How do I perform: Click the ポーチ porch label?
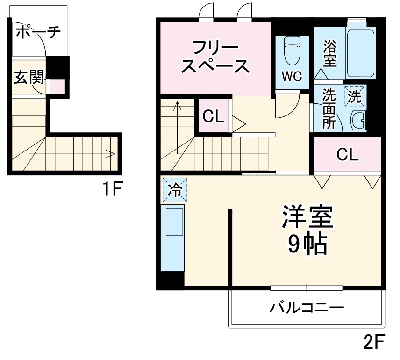point(38,32)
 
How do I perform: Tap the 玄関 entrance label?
point(29,77)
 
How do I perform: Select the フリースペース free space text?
point(215,58)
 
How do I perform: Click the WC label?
point(292,76)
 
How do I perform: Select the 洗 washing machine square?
point(355,97)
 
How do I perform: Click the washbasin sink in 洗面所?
point(358,121)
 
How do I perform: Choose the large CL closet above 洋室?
point(348,155)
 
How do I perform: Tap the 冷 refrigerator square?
point(174,189)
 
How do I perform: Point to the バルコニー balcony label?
point(307,308)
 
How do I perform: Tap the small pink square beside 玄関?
point(57,87)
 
